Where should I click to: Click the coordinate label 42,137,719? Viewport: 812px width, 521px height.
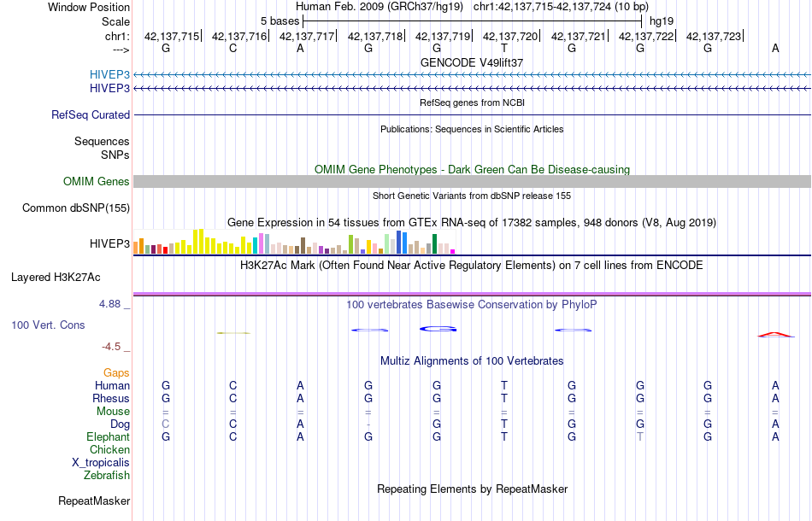coord(443,36)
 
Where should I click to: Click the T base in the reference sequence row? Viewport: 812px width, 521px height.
coord(504,48)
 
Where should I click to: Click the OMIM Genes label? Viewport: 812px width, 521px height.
coord(97,181)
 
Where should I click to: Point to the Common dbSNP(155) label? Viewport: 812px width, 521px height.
coord(76,208)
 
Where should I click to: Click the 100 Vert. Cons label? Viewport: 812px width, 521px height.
coord(48,325)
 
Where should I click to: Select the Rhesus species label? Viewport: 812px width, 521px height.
coord(111,398)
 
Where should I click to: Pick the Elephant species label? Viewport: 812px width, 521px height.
coord(109,436)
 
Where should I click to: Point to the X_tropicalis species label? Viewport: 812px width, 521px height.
coord(101,462)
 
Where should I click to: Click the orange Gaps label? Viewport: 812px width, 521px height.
coord(116,372)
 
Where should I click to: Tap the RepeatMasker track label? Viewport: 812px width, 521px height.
coord(94,501)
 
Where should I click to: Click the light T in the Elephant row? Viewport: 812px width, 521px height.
coord(639,436)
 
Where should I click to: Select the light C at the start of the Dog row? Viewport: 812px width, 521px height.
coord(166,424)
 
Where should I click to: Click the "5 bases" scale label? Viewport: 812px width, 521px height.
coord(278,20)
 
